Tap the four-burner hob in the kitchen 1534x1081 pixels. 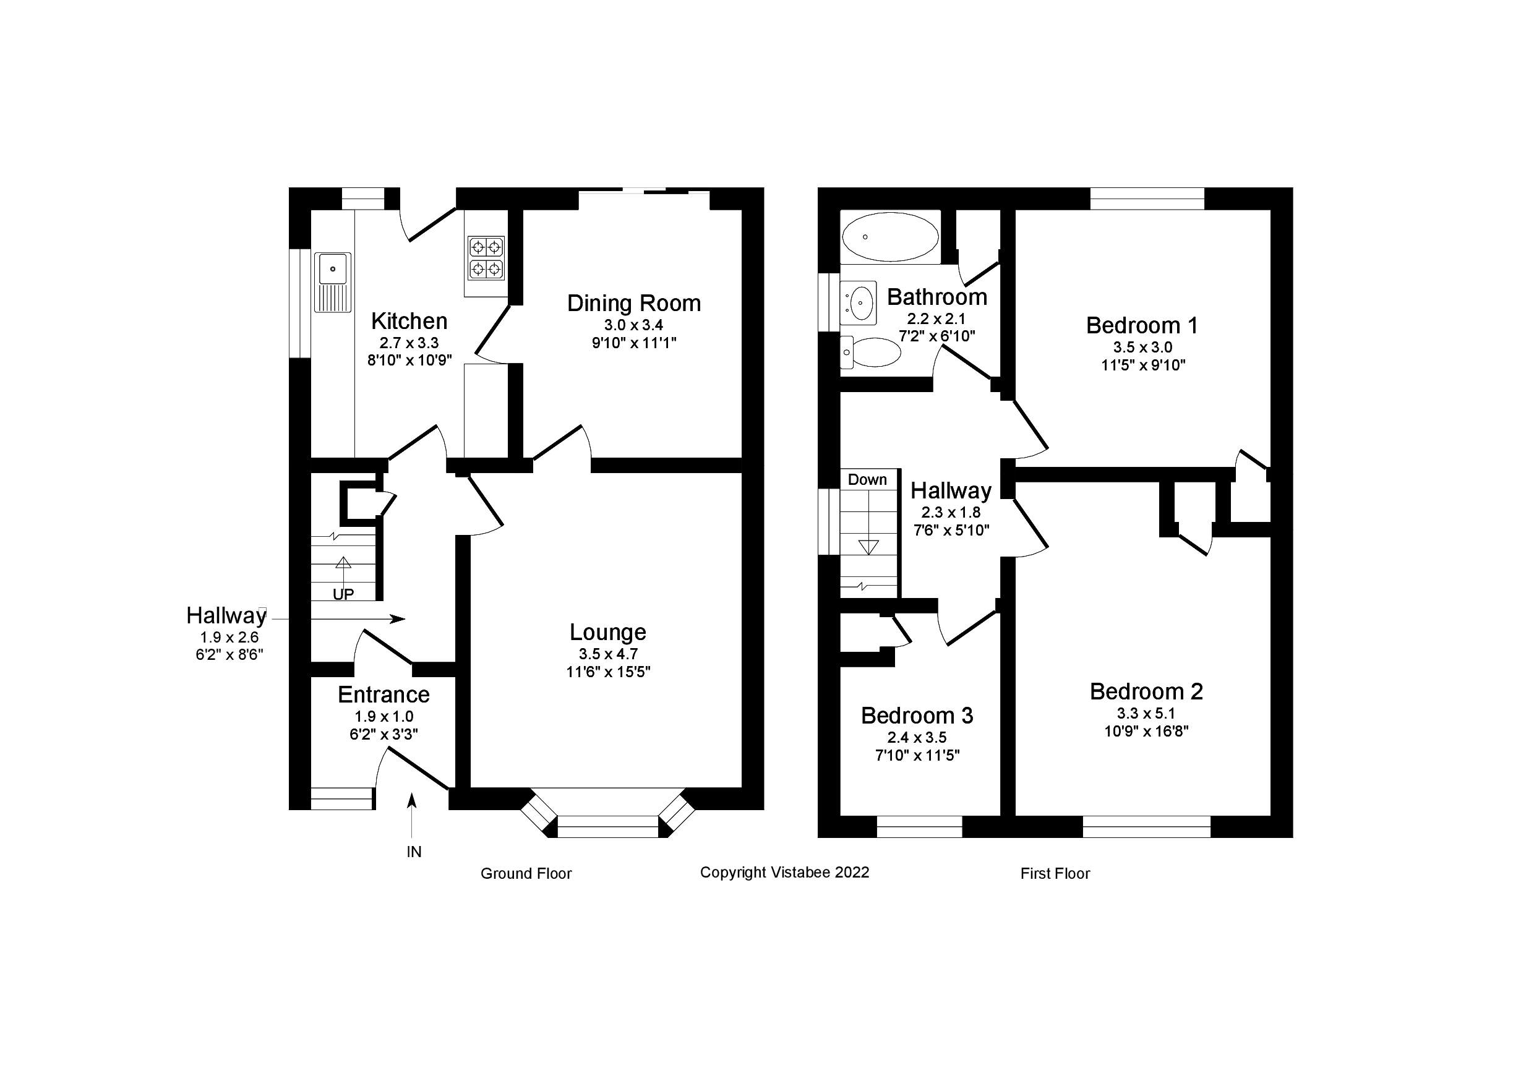486,258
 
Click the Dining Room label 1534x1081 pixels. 633,303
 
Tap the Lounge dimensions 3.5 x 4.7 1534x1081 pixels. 608,654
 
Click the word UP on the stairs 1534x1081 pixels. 343,594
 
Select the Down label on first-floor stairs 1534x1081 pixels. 867,480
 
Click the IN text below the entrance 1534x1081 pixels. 414,852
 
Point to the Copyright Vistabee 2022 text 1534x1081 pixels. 784,873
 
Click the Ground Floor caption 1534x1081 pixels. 526,873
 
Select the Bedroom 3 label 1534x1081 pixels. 917,716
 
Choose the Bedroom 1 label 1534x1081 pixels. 1142,325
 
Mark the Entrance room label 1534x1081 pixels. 383,695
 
